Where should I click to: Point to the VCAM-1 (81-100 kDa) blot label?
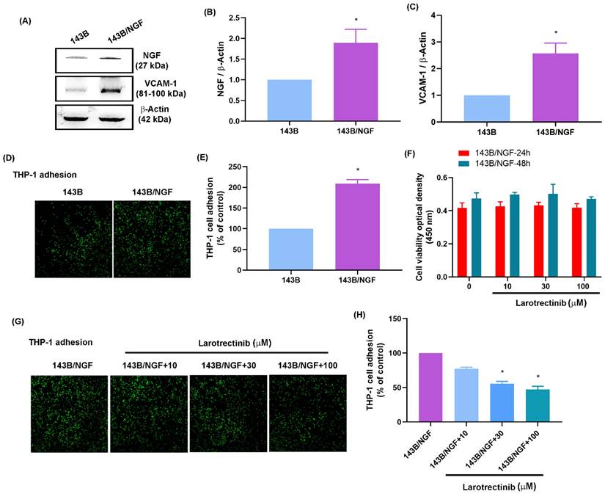pos(163,89)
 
